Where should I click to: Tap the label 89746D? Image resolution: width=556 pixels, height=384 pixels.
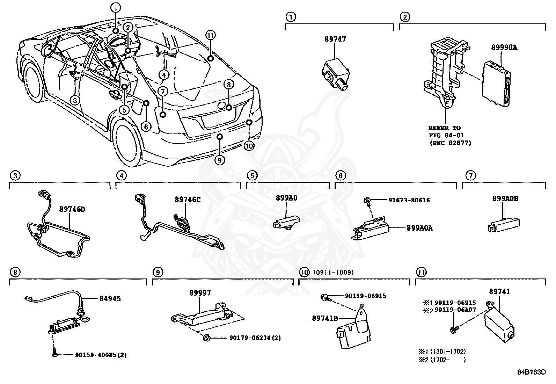click(x=72, y=209)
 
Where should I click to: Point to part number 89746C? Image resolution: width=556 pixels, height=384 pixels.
click(x=188, y=200)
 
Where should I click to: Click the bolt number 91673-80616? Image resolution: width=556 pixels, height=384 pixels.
click(x=409, y=200)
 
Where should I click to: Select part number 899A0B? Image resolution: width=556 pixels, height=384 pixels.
click(x=505, y=199)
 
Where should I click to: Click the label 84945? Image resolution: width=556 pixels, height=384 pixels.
click(x=110, y=299)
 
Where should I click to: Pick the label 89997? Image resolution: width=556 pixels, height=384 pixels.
click(x=200, y=293)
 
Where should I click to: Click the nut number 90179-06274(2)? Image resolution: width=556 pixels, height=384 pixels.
click(x=255, y=338)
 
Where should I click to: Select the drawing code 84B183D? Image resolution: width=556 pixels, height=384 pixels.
click(x=531, y=372)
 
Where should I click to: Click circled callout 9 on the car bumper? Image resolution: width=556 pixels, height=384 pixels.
click(x=219, y=160)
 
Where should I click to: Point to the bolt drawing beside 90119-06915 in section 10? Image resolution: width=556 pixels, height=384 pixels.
click(x=325, y=297)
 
